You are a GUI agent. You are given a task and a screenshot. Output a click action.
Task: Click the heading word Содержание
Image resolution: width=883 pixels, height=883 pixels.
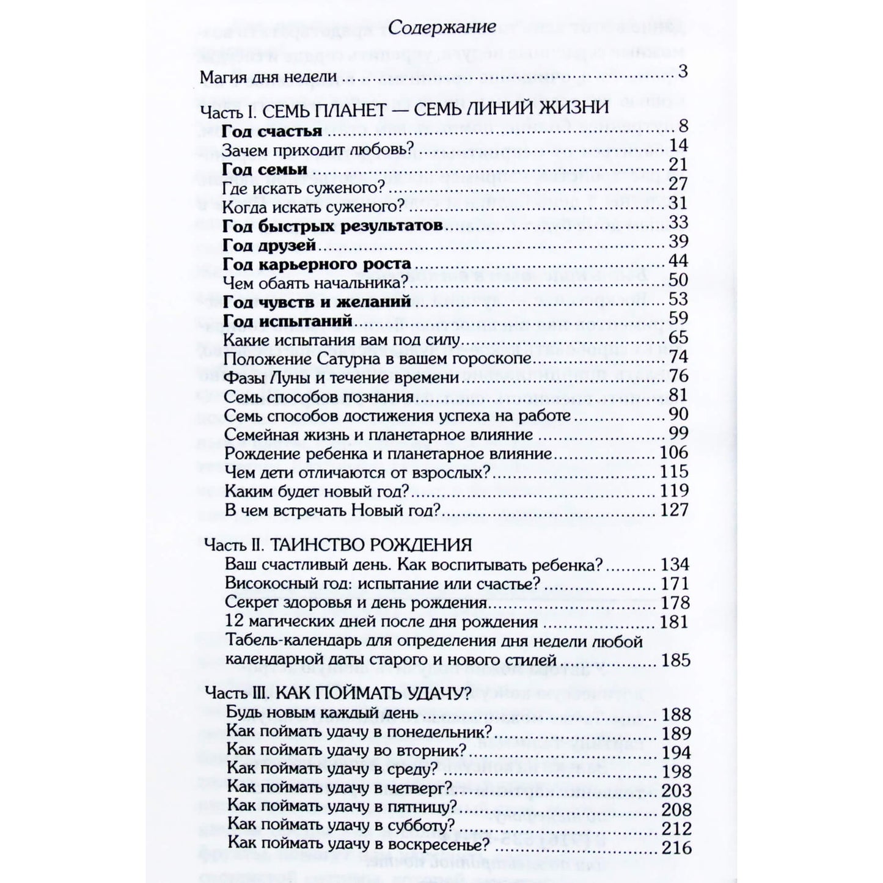coord(442,27)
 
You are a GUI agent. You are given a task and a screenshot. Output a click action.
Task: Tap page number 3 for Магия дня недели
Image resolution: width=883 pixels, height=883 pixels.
coord(683,71)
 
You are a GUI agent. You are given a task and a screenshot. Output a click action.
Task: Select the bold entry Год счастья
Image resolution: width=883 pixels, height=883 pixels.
coord(272,131)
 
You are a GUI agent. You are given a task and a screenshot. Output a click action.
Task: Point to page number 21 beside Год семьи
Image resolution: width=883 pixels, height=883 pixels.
coord(678,164)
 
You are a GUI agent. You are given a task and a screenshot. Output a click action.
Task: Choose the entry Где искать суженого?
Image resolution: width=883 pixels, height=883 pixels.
coord(303,188)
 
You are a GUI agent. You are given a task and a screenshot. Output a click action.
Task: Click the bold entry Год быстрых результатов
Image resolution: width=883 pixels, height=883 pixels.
coord(332,226)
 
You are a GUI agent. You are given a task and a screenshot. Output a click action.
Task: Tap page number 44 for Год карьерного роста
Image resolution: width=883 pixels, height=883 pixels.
coord(678,261)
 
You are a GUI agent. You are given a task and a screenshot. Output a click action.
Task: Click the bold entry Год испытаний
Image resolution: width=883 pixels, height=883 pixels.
coord(288,321)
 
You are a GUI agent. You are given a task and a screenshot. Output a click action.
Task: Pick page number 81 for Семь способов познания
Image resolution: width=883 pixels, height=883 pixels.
coord(678,395)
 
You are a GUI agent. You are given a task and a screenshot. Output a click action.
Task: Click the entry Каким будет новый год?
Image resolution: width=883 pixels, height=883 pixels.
coord(316,491)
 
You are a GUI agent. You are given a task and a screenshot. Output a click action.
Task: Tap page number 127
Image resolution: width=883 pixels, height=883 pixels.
coord(675,510)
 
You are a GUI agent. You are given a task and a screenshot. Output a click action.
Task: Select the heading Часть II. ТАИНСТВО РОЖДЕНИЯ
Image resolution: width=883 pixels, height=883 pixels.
coord(337,545)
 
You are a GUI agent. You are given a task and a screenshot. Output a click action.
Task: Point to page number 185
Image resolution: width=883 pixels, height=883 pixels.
coord(676,661)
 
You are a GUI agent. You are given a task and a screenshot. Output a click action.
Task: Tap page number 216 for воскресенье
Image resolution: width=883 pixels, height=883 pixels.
coord(677,848)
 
